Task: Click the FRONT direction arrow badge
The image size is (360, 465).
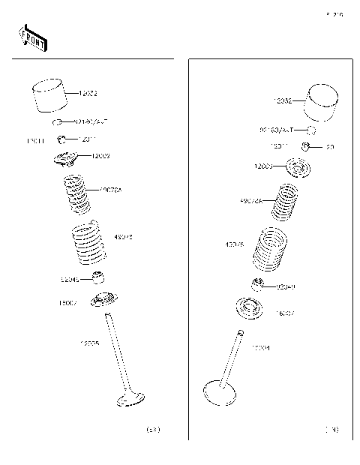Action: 32,37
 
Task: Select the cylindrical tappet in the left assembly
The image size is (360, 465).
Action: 51,96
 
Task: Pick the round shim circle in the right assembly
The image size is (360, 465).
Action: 310,130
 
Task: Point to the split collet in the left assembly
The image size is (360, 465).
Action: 64,139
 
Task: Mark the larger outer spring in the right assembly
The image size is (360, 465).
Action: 271,250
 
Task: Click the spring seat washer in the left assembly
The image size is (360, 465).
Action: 101,301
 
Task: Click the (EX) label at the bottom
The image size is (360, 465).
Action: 153,430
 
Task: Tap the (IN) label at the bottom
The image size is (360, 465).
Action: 331,430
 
